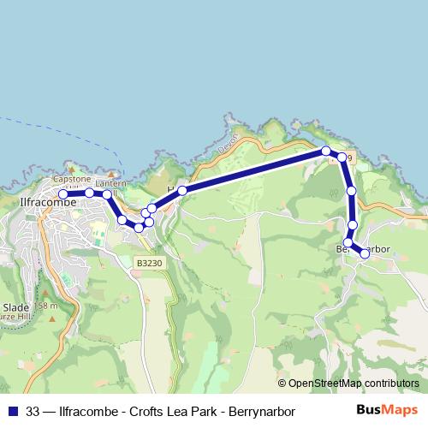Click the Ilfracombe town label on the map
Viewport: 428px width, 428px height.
[44, 204]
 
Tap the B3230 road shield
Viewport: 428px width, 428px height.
[148, 265]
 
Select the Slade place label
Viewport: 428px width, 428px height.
[16, 307]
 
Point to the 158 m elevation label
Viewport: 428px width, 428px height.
[45, 306]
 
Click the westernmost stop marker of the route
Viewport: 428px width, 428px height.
[63, 194]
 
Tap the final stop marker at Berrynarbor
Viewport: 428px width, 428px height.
[366, 253]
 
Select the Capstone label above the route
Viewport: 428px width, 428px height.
[72, 179]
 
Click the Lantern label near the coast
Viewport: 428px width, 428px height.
[110, 183]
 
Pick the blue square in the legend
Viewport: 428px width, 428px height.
[12, 411]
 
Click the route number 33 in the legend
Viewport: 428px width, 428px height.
[33, 411]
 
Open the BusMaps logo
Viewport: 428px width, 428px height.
[387, 410]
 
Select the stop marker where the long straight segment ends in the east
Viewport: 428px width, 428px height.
[326, 151]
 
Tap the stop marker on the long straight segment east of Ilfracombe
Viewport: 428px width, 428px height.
[182, 191]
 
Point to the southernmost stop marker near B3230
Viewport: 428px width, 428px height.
[139, 228]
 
